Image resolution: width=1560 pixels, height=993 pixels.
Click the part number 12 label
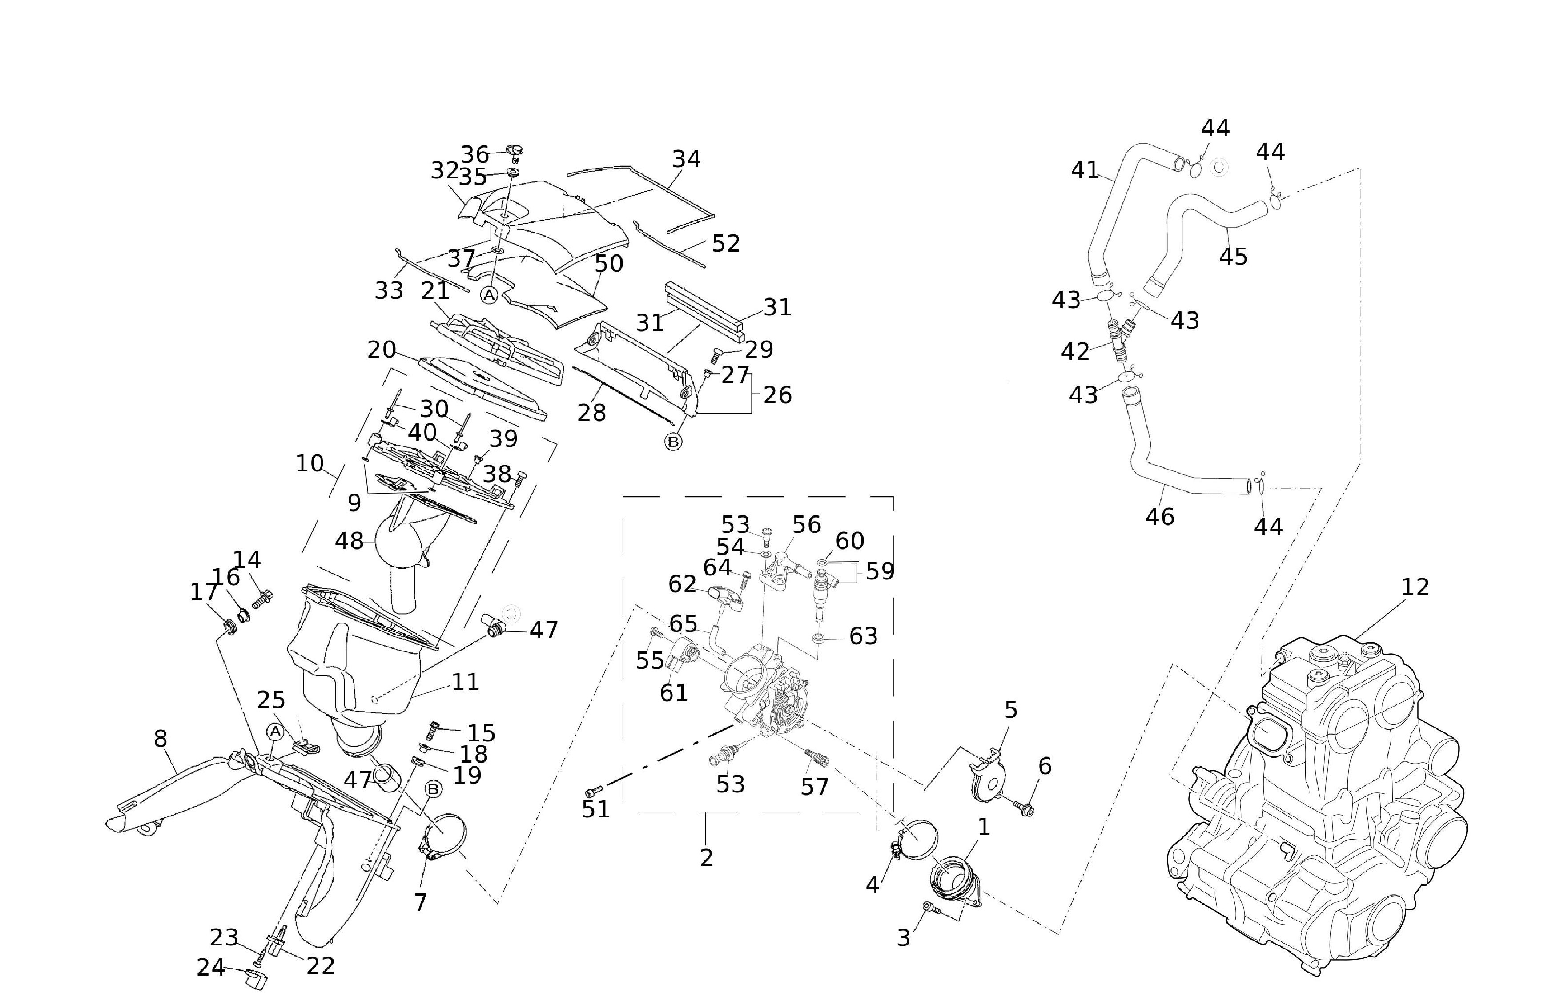click(1415, 587)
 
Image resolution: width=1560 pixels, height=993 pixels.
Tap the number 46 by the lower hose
click(1160, 516)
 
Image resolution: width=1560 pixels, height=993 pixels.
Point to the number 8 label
click(160, 739)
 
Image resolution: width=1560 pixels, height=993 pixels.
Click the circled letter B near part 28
click(674, 442)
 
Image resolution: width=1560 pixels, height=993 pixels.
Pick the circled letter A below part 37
click(488, 295)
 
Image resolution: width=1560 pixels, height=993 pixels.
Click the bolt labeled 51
click(593, 791)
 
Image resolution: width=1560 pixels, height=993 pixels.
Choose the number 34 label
click(686, 159)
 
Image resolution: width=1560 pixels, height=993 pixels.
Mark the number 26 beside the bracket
click(777, 394)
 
